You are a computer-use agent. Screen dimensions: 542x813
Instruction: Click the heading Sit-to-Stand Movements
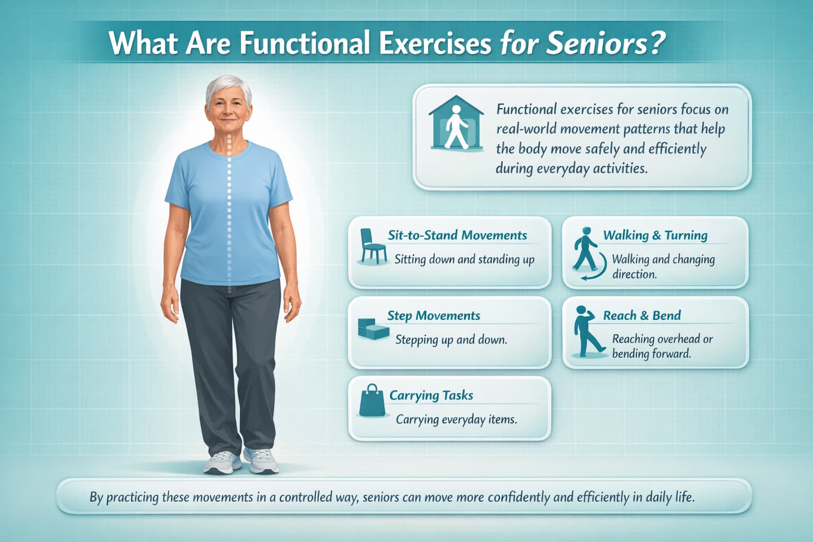click(x=457, y=236)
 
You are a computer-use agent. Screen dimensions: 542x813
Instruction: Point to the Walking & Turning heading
click(x=655, y=236)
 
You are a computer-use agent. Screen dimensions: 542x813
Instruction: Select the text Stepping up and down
click(x=451, y=340)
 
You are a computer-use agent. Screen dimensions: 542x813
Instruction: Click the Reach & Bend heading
click(x=642, y=316)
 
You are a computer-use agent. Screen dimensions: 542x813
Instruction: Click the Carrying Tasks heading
click(x=431, y=396)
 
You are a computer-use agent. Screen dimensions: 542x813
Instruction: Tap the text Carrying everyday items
click(x=456, y=420)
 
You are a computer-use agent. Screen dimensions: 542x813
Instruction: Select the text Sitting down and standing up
click(x=464, y=260)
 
